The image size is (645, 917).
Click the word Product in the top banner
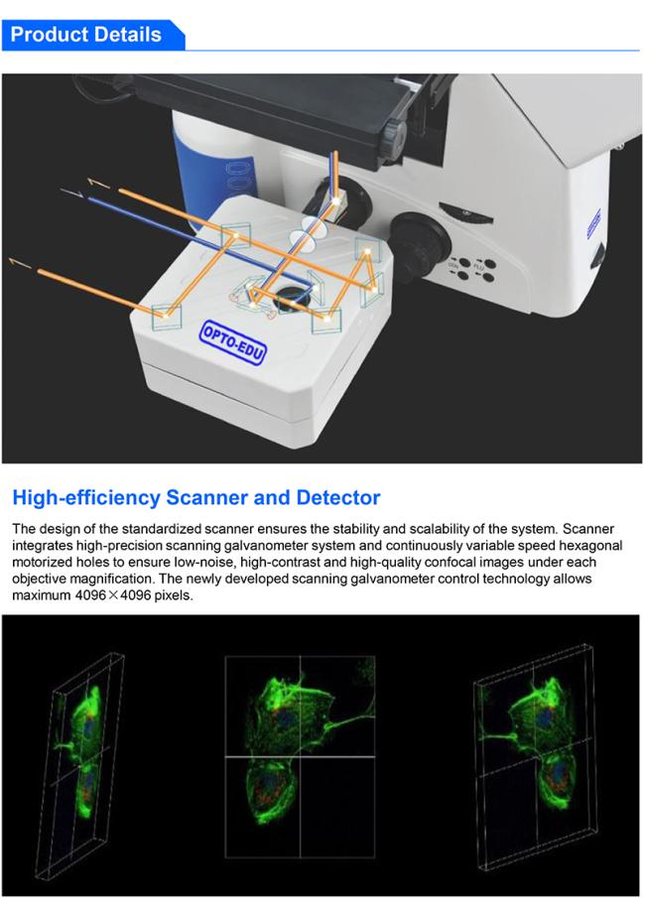[48, 35]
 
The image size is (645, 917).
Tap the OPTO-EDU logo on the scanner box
[233, 343]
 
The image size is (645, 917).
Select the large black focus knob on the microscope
[420, 246]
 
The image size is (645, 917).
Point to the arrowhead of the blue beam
[71, 193]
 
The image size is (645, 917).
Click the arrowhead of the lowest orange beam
[20, 263]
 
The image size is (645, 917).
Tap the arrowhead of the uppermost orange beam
[98, 183]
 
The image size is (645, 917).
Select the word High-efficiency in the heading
[86, 497]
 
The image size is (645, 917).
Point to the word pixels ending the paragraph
[174, 595]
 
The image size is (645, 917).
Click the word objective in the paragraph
[39, 579]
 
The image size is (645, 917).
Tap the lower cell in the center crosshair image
[270, 790]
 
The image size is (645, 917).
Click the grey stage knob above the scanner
[395, 137]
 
